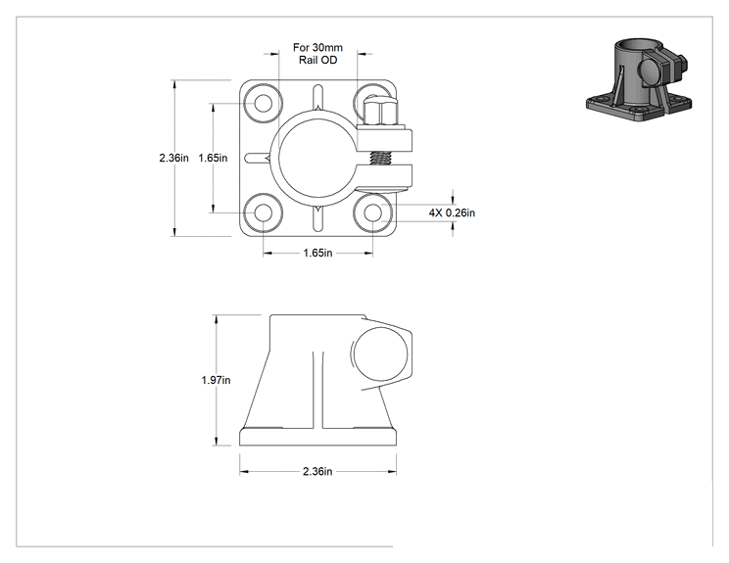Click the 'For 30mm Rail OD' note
pos(318,54)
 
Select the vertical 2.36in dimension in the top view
pos(173,158)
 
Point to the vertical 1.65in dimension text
pos(213,158)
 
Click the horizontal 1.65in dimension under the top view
pos(318,254)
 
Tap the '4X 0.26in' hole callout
pos(452,212)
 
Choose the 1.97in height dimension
pos(216,380)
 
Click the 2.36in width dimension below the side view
pos(318,472)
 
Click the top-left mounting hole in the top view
pos(264,103)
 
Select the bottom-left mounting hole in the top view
pos(264,212)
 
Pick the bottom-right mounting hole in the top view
pos(372,212)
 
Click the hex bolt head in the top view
pos(381,113)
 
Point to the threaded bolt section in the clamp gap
pos(381,158)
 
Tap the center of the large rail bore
pos(318,158)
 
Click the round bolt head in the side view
pos(380,354)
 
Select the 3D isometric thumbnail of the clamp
pos(639,80)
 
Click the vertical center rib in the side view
pos(318,390)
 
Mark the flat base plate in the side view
pos(318,437)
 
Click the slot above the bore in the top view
pos(318,97)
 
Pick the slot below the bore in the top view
pos(318,218)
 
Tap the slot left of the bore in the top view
pos(257,158)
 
